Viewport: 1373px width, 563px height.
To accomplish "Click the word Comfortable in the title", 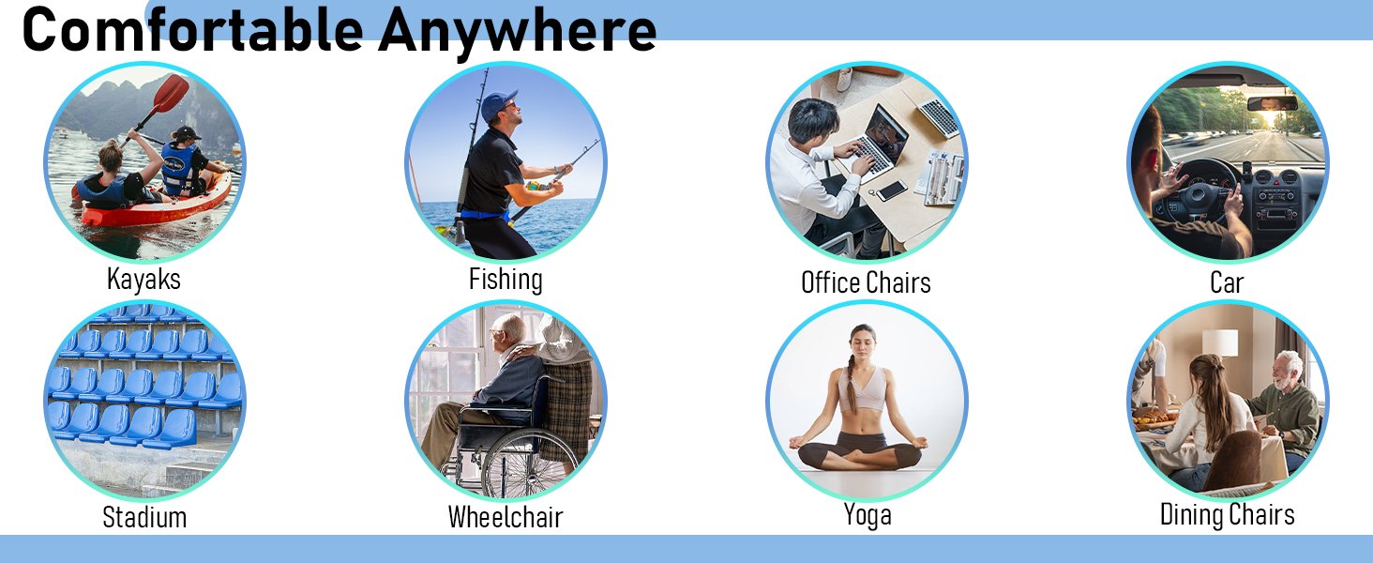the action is (193, 29).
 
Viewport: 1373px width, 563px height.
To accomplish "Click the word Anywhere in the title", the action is (518, 32).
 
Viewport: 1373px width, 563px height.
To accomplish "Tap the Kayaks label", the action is (144, 280).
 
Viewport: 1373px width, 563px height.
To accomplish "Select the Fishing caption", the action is (505, 280).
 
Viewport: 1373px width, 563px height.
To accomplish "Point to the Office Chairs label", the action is (866, 282).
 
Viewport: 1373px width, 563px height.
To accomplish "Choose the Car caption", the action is (1227, 282).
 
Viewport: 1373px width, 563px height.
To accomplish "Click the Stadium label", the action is (144, 517).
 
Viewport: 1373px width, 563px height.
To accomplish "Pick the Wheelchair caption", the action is (505, 517).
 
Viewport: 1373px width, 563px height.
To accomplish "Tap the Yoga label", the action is (868, 515).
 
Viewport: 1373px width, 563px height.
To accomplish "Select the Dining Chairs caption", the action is (1227, 514).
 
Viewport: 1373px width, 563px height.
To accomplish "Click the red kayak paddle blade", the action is (170, 94).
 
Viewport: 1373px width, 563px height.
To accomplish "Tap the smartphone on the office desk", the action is (891, 190).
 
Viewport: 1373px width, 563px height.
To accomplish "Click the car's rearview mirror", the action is (1273, 103).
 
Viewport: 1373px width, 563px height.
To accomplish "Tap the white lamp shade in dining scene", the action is (1220, 342).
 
